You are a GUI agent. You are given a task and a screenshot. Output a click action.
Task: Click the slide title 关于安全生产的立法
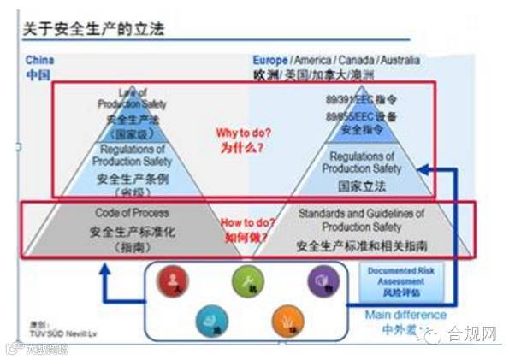click(x=95, y=29)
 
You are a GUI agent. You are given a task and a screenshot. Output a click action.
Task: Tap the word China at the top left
click(x=40, y=61)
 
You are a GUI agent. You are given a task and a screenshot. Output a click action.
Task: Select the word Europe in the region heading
click(x=270, y=61)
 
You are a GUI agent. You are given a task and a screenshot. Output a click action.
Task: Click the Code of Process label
click(x=133, y=213)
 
